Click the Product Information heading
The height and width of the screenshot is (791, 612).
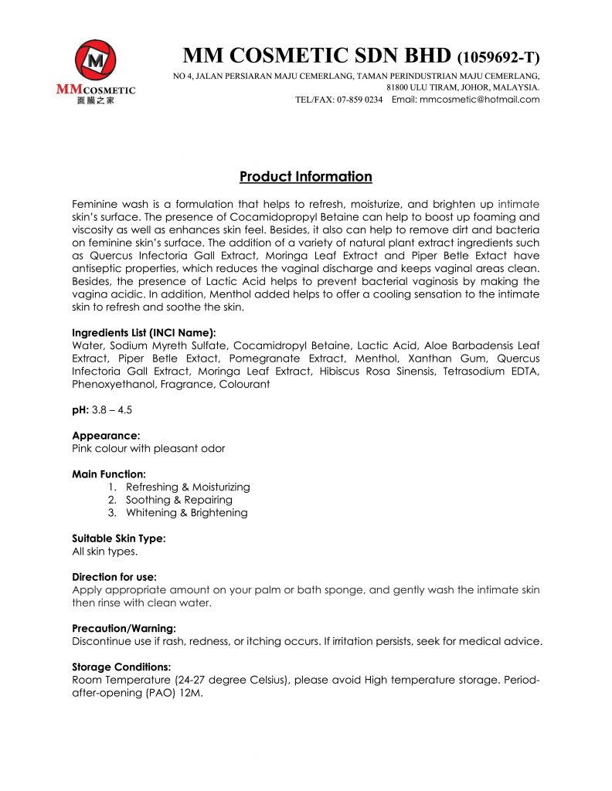coord(306,177)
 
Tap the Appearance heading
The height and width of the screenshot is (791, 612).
coord(106,436)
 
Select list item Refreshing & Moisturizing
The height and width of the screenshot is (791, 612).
coord(188,487)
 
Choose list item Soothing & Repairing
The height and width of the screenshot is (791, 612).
coord(178,500)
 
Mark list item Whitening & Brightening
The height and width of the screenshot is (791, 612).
coord(186,513)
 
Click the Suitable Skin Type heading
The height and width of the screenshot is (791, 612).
coord(118,538)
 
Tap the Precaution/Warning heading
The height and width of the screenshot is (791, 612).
coord(124,628)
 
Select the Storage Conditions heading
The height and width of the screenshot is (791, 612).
coord(121,667)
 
